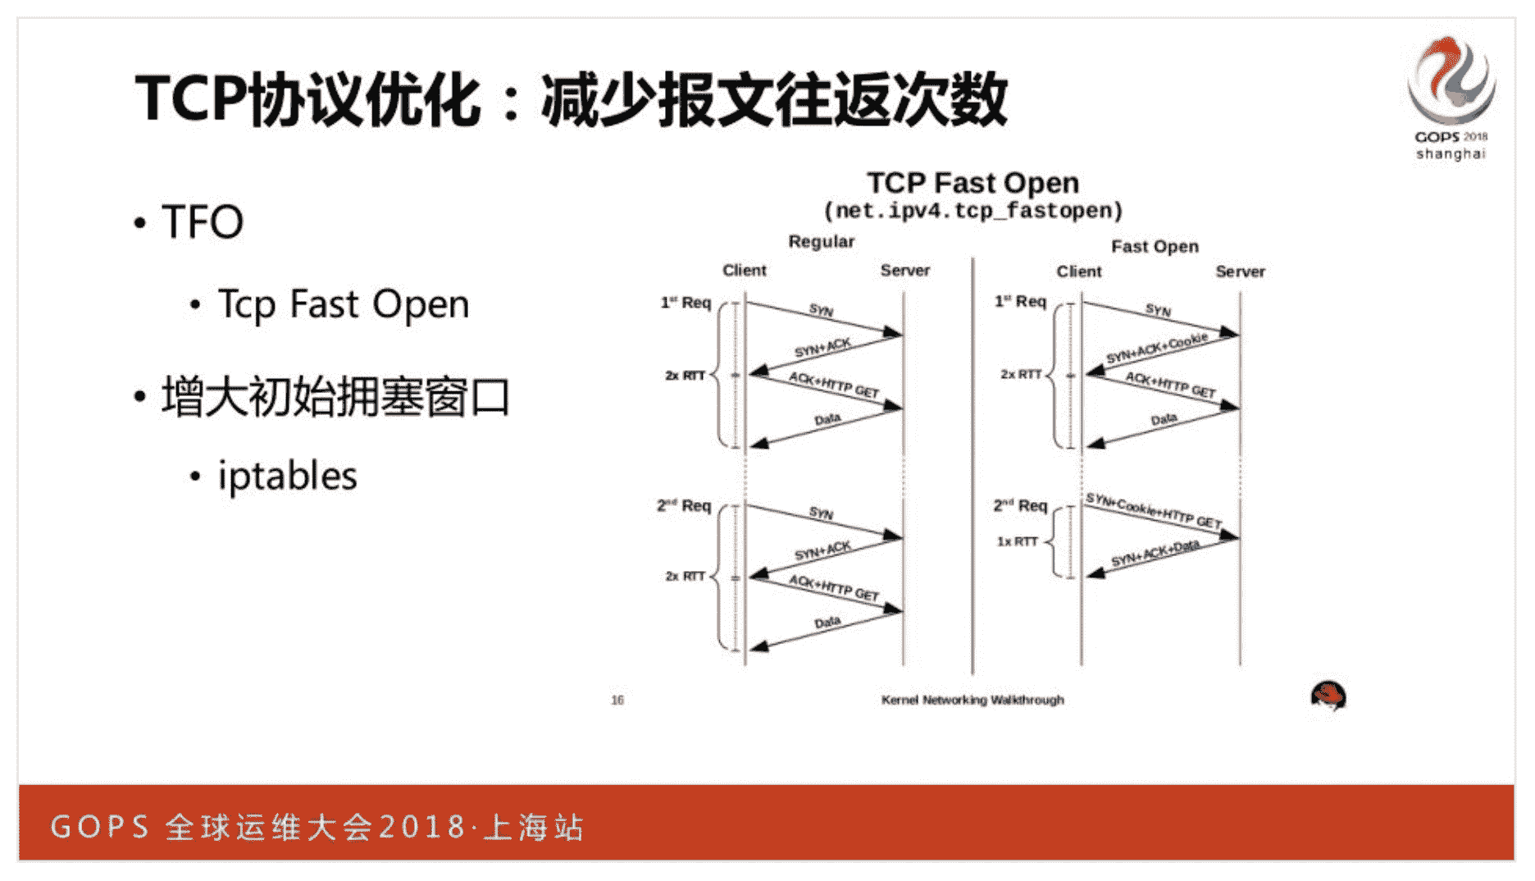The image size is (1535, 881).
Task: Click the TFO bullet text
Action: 203,221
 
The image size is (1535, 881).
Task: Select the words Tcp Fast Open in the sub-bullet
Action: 343,305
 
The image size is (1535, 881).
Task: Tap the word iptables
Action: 287,476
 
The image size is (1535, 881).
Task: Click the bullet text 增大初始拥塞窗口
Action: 335,398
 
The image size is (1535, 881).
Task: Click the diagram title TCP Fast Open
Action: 972,182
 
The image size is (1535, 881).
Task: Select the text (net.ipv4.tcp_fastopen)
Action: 972,212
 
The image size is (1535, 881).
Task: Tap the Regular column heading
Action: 821,241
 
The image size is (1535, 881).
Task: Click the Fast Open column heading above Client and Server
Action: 1155,246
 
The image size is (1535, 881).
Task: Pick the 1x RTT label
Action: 1017,541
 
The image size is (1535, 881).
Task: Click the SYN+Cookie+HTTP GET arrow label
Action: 1153,510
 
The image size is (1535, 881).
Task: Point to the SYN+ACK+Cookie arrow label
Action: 1156,348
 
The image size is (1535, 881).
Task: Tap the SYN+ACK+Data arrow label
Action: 1155,554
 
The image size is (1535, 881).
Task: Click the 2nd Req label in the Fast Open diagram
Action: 1020,505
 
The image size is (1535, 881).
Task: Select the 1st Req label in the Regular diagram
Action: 686,303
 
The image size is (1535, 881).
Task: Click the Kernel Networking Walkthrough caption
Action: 972,700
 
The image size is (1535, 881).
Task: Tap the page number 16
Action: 617,700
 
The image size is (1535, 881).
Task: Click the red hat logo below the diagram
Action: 1328,696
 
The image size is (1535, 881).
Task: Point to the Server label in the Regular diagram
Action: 904,270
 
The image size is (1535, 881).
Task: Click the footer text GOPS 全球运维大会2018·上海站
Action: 317,826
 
